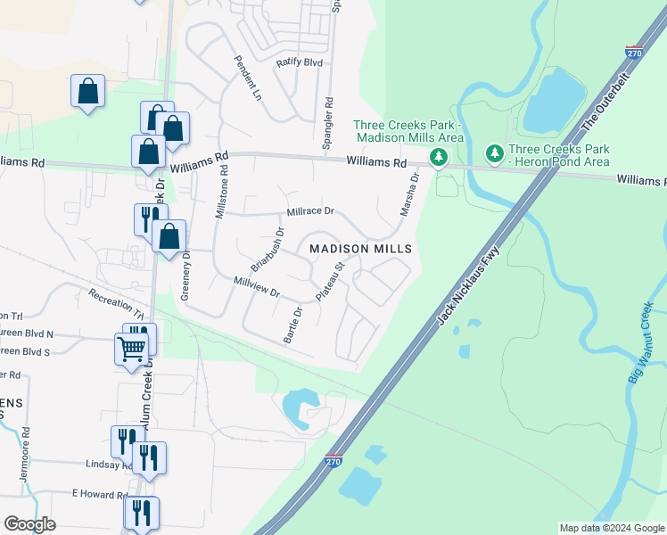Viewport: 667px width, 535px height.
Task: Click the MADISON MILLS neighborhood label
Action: (x=360, y=249)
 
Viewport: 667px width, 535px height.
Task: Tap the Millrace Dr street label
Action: (x=309, y=212)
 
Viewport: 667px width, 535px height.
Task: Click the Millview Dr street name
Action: (x=256, y=286)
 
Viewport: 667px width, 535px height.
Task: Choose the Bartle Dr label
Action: (x=292, y=325)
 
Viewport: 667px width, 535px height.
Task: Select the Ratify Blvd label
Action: (x=299, y=62)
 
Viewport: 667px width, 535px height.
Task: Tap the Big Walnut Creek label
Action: (x=641, y=343)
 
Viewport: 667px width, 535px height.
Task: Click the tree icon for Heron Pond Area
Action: (x=494, y=155)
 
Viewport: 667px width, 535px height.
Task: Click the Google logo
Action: (x=29, y=523)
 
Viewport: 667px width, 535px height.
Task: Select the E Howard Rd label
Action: (x=100, y=494)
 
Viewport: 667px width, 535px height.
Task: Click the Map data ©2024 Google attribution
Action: (x=612, y=528)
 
